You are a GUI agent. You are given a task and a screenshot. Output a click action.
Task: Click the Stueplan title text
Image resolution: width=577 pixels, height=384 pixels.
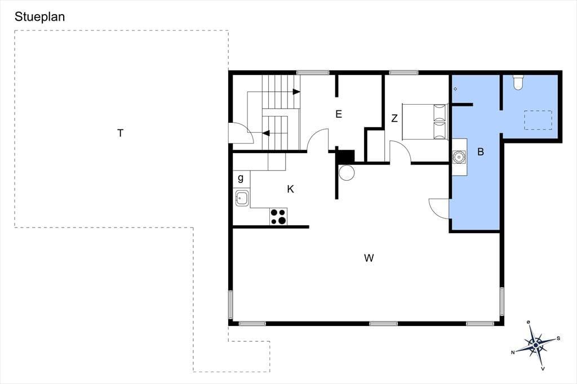coord(40,17)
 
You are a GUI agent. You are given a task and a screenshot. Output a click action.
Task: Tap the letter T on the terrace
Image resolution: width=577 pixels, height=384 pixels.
coord(121,133)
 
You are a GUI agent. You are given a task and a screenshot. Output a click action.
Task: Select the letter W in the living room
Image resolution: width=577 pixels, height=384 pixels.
coord(369,258)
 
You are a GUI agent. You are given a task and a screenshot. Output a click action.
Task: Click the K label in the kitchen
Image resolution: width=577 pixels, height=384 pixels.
coord(290,189)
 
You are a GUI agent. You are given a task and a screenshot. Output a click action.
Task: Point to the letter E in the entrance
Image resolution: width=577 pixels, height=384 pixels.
coord(339,114)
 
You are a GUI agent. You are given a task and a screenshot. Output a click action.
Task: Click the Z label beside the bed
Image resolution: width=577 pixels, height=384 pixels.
coord(394,118)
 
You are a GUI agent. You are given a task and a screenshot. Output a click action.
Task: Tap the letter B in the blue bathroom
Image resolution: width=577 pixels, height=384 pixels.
coord(481,151)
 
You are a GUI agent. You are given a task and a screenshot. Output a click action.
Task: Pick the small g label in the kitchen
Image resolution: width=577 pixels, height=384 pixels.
coord(241,178)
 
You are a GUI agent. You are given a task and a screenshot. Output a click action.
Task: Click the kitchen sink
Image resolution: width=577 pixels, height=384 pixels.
coord(242,198)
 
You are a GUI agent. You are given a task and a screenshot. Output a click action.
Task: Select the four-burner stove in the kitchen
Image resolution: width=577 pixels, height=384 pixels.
coord(278,217)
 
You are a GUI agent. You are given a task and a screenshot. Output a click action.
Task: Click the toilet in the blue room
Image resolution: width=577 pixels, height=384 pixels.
coord(518,82)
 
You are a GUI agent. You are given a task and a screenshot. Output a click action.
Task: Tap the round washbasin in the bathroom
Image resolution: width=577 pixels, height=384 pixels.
coord(459,157)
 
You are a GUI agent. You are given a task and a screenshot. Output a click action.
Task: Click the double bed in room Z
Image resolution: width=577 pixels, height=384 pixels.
coord(425,122)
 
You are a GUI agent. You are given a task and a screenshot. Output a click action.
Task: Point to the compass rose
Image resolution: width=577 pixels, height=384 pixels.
coord(536,344)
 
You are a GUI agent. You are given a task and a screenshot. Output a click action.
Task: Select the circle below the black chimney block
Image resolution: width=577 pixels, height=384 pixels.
coord(347,172)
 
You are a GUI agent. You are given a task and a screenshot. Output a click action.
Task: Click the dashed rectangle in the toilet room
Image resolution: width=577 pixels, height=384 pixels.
coord(538,120)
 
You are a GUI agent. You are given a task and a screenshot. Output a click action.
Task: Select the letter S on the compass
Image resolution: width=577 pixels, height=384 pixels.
coord(558,338)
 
